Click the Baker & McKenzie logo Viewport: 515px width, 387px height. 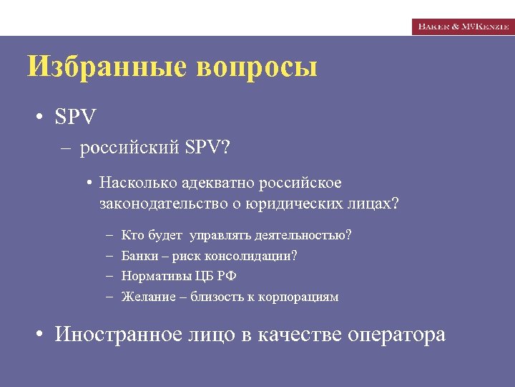click(x=463, y=26)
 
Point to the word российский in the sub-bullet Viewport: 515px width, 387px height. click(x=129, y=148)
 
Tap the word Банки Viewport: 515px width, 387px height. click(x=139, y=256)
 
